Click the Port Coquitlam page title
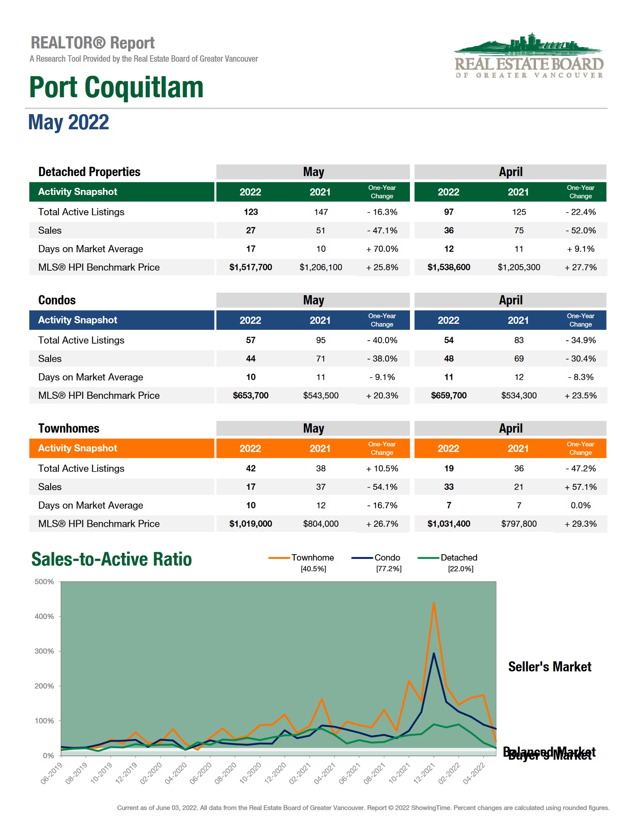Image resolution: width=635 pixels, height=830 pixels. (116, 87)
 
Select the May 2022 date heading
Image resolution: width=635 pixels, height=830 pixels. (69, 122)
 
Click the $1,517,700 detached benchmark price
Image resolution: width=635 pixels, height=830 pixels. (250, 267)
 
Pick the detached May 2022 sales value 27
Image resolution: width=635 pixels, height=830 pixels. (251, 230)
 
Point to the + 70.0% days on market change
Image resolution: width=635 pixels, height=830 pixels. (382, 249)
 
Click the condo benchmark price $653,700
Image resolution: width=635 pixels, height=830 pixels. (250, 395)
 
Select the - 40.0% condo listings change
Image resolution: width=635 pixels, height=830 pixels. (382, 340)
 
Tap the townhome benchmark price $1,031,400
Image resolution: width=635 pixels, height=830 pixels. (448, 524)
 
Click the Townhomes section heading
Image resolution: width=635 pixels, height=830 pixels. (69, 428)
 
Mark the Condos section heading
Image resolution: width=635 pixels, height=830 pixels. (57, 300)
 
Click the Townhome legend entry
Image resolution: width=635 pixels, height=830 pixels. (312, 558)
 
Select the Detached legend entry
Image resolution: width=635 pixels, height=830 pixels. (458, 558)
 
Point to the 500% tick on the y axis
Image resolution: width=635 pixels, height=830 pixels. (44, 582)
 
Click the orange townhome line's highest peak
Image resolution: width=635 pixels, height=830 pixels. (434, 603)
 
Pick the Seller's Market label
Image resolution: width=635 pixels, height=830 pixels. (549, 667)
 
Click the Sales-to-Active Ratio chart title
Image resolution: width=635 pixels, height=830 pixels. (112, 559)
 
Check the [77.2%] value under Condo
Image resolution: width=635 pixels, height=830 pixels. (389, 569)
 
